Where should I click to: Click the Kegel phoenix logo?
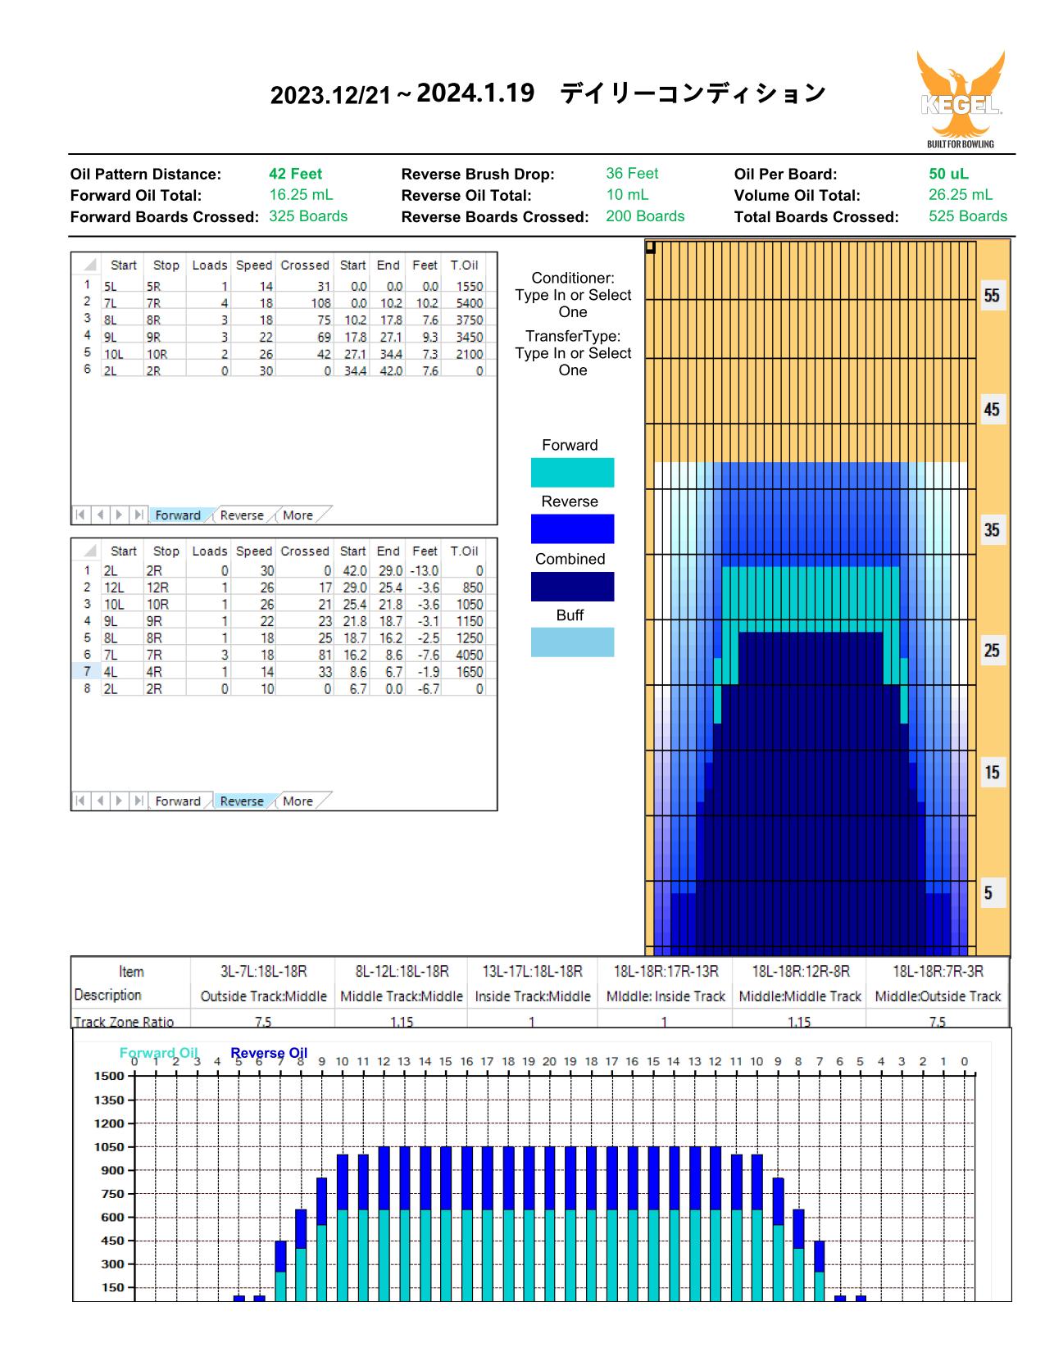tap(961, 99)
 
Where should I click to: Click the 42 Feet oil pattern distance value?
tap(295, 174)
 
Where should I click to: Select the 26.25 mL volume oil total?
tap(961, 195)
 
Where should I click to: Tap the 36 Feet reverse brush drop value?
tap(632, 173)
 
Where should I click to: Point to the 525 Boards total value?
tap(968, 216)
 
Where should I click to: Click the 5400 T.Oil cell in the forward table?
tap(470, 303)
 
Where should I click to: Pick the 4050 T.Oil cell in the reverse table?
tap(470, 655)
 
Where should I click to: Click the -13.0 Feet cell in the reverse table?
tap(425, 570)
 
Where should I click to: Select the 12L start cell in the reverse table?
tap(114, 588)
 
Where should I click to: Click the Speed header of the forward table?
tap(254, 265)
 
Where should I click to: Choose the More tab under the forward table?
tap(298, 515)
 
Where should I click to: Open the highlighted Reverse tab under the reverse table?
tap(242, 801)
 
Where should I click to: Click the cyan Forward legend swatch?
tap(572, 472)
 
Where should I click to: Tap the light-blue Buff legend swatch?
tap(572, 642)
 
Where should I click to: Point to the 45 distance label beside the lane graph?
tap(992, 410)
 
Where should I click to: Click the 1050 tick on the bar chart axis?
tap(109, 1146)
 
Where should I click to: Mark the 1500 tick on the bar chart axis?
tap(109, 1076)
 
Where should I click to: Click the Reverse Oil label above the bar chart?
tap(269, 1053)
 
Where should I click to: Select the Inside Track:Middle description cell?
tap(532, 996)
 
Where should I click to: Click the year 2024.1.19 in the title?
tap(475, 93)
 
